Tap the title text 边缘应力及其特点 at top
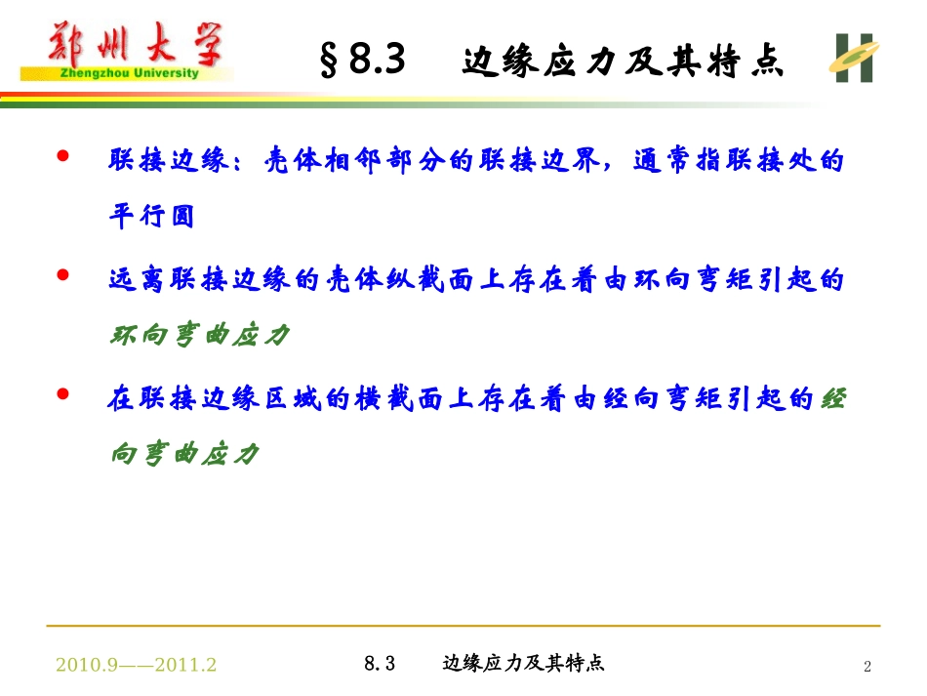coord(624,64)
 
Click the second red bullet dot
coord(64,276)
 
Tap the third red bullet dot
coord(64,395)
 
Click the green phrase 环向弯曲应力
coord(199,335)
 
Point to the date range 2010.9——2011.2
coord(137,665)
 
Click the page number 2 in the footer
coord(867,667)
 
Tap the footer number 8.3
coord(379,664)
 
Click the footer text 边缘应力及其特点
coord(524,664)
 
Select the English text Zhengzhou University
coord(124,72)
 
